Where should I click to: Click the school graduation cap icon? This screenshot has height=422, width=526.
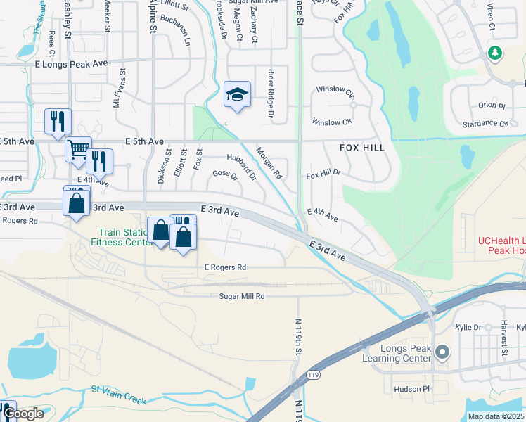(x=237, y=94)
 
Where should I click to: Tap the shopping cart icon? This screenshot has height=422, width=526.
(x=77, y=149)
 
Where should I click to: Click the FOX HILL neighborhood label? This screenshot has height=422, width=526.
(x=362, y=148)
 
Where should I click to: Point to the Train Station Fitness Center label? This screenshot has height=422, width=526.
(x=122, y=236)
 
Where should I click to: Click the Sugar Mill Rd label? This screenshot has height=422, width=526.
(x=241, y=297)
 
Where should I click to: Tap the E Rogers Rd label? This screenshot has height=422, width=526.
(x=225, y=267)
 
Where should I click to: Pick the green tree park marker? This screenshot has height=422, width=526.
(x=495, y=53)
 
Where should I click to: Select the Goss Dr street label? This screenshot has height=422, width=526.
(x=225, y=174)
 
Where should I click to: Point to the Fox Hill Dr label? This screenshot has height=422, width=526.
(x=323, y=172)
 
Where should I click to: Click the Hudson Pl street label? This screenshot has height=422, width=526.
(x=411, y=389)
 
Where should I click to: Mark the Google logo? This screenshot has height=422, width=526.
(x=23, y=414)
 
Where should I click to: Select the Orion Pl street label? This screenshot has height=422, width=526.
(x=492, y=105)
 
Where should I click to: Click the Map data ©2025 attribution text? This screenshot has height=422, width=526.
(x=496, y=416)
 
